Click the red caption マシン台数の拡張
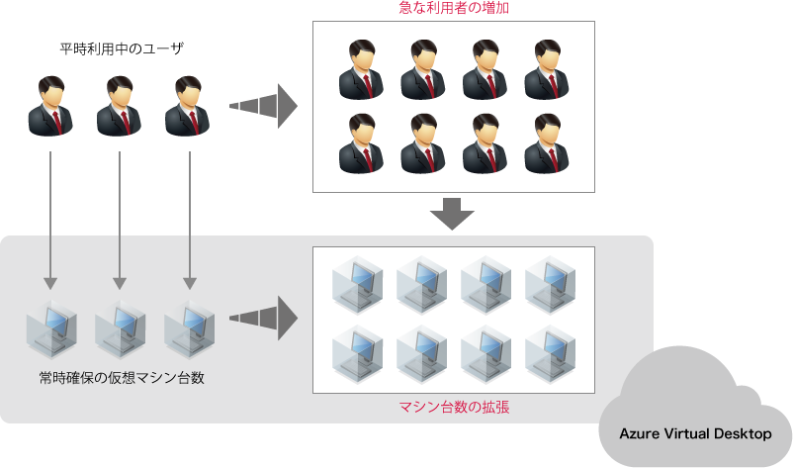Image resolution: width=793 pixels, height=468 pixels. click(x=454, y=407)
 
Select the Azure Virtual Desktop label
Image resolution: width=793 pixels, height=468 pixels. click(x=695, y=433)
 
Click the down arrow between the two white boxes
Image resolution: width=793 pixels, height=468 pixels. click(x=453, y=214)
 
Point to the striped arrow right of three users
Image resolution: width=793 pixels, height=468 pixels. click(x=263, y=106)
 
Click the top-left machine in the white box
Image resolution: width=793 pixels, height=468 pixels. click(x=358, y=286)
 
